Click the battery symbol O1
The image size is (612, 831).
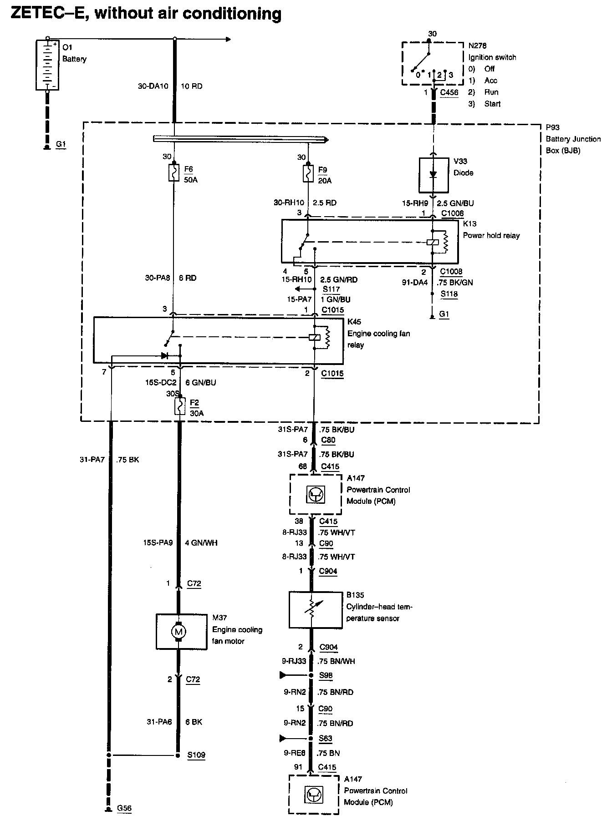pyautogui.click(x=47, y=65)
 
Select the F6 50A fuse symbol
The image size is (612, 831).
pyautogui.click(x=174, y=173)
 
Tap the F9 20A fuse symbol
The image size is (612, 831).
pyautogui.click(x=308, y=173)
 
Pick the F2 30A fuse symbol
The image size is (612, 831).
pyautogui.click(x=180, y=406)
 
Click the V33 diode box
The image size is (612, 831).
pyautogui.click(x=433, y=175)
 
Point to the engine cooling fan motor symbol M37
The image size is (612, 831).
pyautogui.click(x=178, y=631)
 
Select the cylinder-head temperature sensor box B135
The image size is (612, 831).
pyautogui.click(x=316, y=609)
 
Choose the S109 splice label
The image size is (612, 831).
pyautogui.click(x=196, y=755)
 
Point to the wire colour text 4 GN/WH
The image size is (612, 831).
pyautogui.click(x=201, y=542)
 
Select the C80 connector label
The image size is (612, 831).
pyautogui.click(x=328, y=440)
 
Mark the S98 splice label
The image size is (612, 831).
pyautogui.click(x=326, y=675)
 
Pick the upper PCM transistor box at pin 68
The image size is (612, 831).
pyautogui.click(x=316, y=495)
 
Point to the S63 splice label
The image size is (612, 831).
pyautogui.click(x=326, y=738)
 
